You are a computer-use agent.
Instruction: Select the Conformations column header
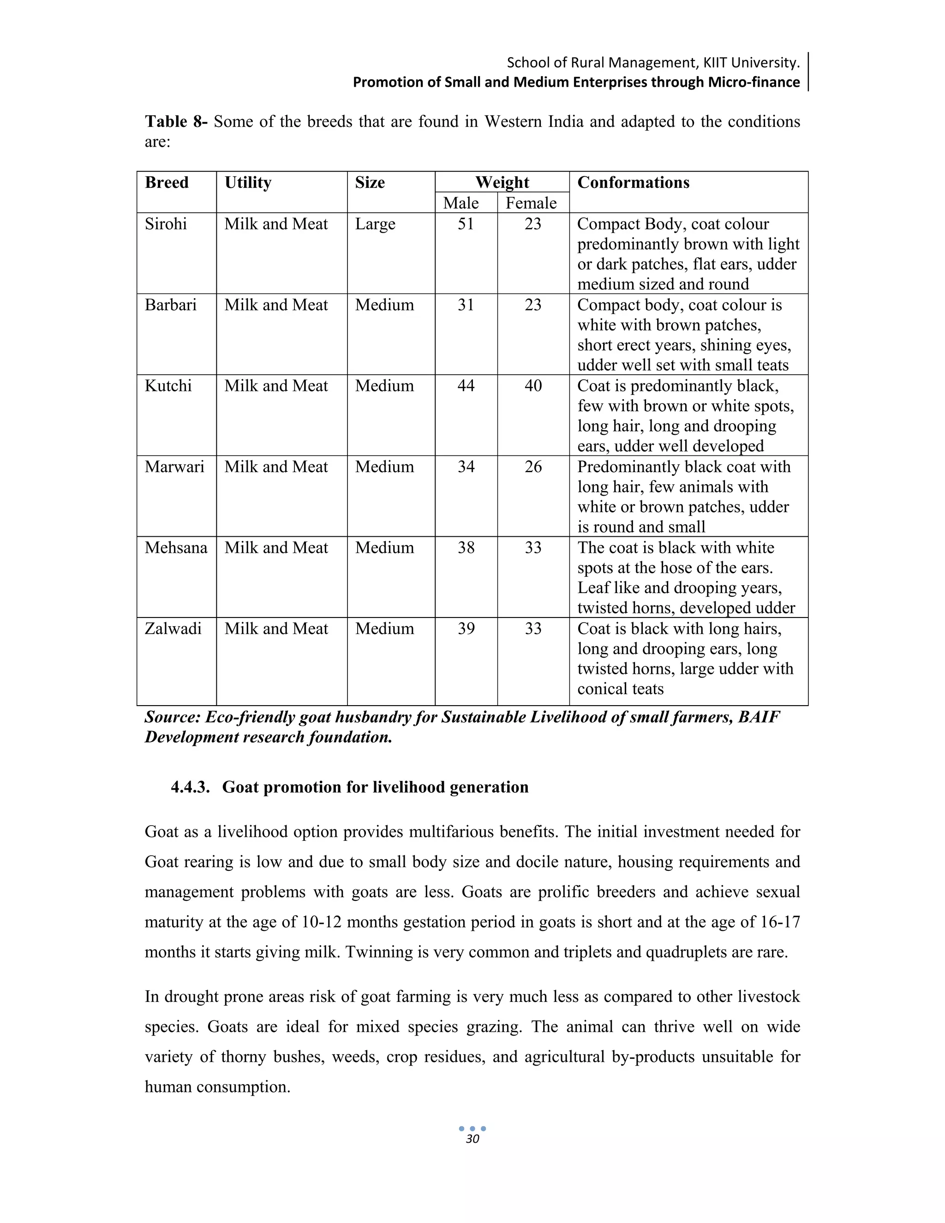tap(633, 183)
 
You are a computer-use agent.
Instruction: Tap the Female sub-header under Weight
tap(531, 203)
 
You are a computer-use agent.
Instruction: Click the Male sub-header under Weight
tap(461, 203)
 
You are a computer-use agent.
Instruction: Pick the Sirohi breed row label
tap(166, 224)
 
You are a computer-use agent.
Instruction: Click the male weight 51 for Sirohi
tap(466, 224)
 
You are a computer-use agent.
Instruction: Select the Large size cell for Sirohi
tap(375, 224)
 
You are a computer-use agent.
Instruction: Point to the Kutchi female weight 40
tap(533, 386)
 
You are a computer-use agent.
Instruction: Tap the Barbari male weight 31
tap(466, 305)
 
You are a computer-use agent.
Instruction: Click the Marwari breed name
tap(174, 467)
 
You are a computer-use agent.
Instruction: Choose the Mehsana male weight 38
tap(466, 548)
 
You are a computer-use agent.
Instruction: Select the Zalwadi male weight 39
tap(466, 629)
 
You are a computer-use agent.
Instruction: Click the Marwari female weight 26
tap(533, 467)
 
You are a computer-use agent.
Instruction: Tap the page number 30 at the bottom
tap(472, 1139)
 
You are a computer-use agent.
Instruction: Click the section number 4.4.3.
tap(191, 787)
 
